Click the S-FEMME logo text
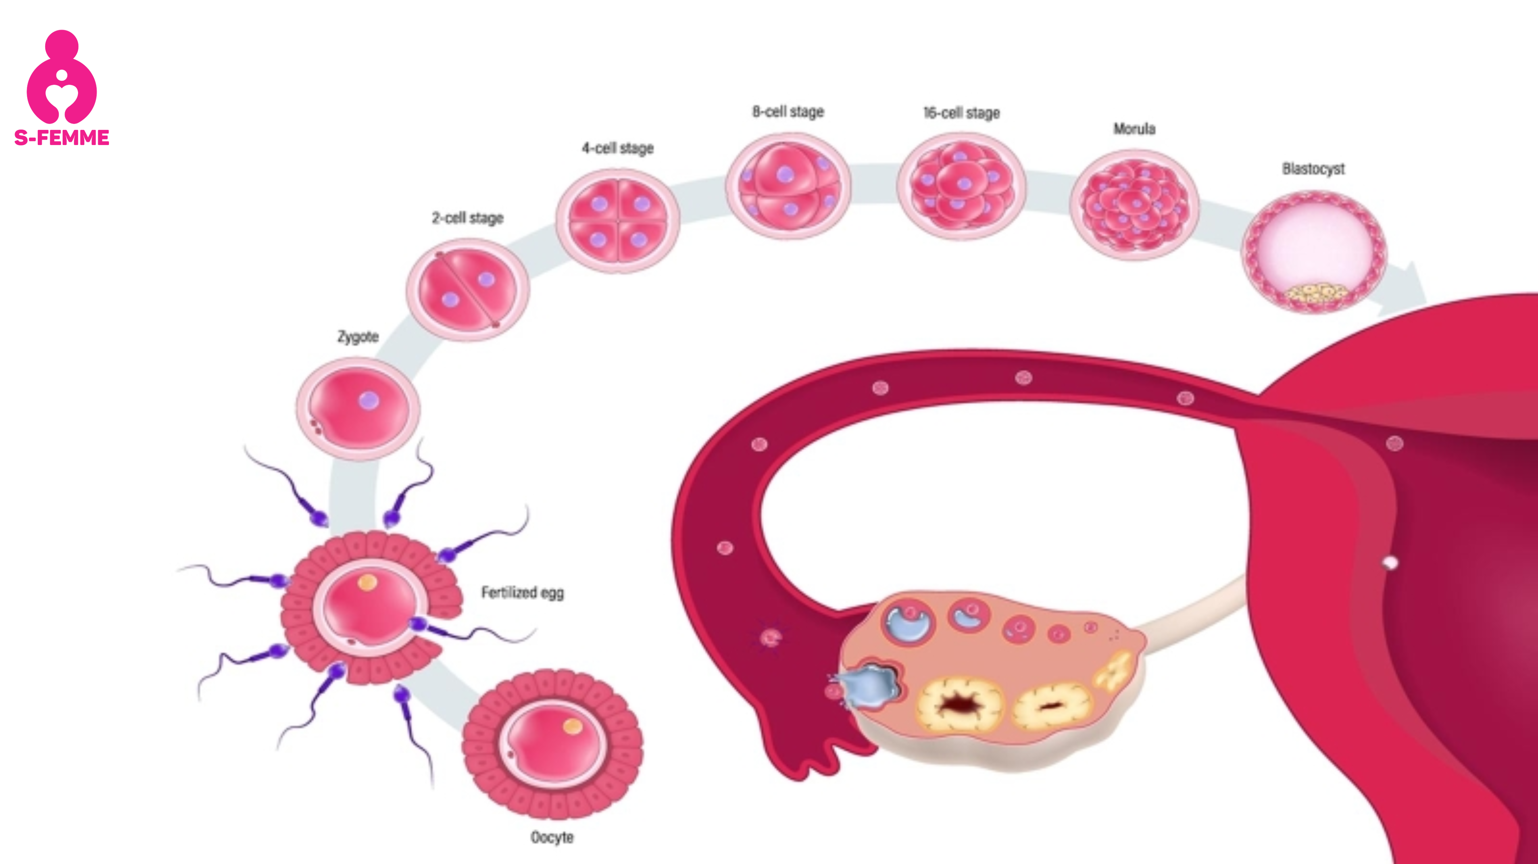click(x=61, y=138)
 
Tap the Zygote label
click(x=358, y=337)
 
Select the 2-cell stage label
click(x=468, y=218)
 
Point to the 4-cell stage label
click(x=618, y=148)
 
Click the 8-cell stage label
click(x=788, y=112)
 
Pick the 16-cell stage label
click(x=961, y=113)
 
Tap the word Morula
click(x=1134, y=129)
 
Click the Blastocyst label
click(x=1314, y=169)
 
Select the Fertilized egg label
click(x=522, y=593)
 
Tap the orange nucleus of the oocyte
click(x=572, y=727)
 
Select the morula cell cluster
click(x=1134, y=205)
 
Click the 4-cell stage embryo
click(x=618, y=221)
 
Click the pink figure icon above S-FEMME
click(x=61, y=76)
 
